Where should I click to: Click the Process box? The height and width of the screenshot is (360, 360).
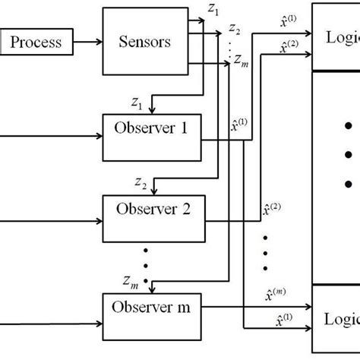click(35, 42)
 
